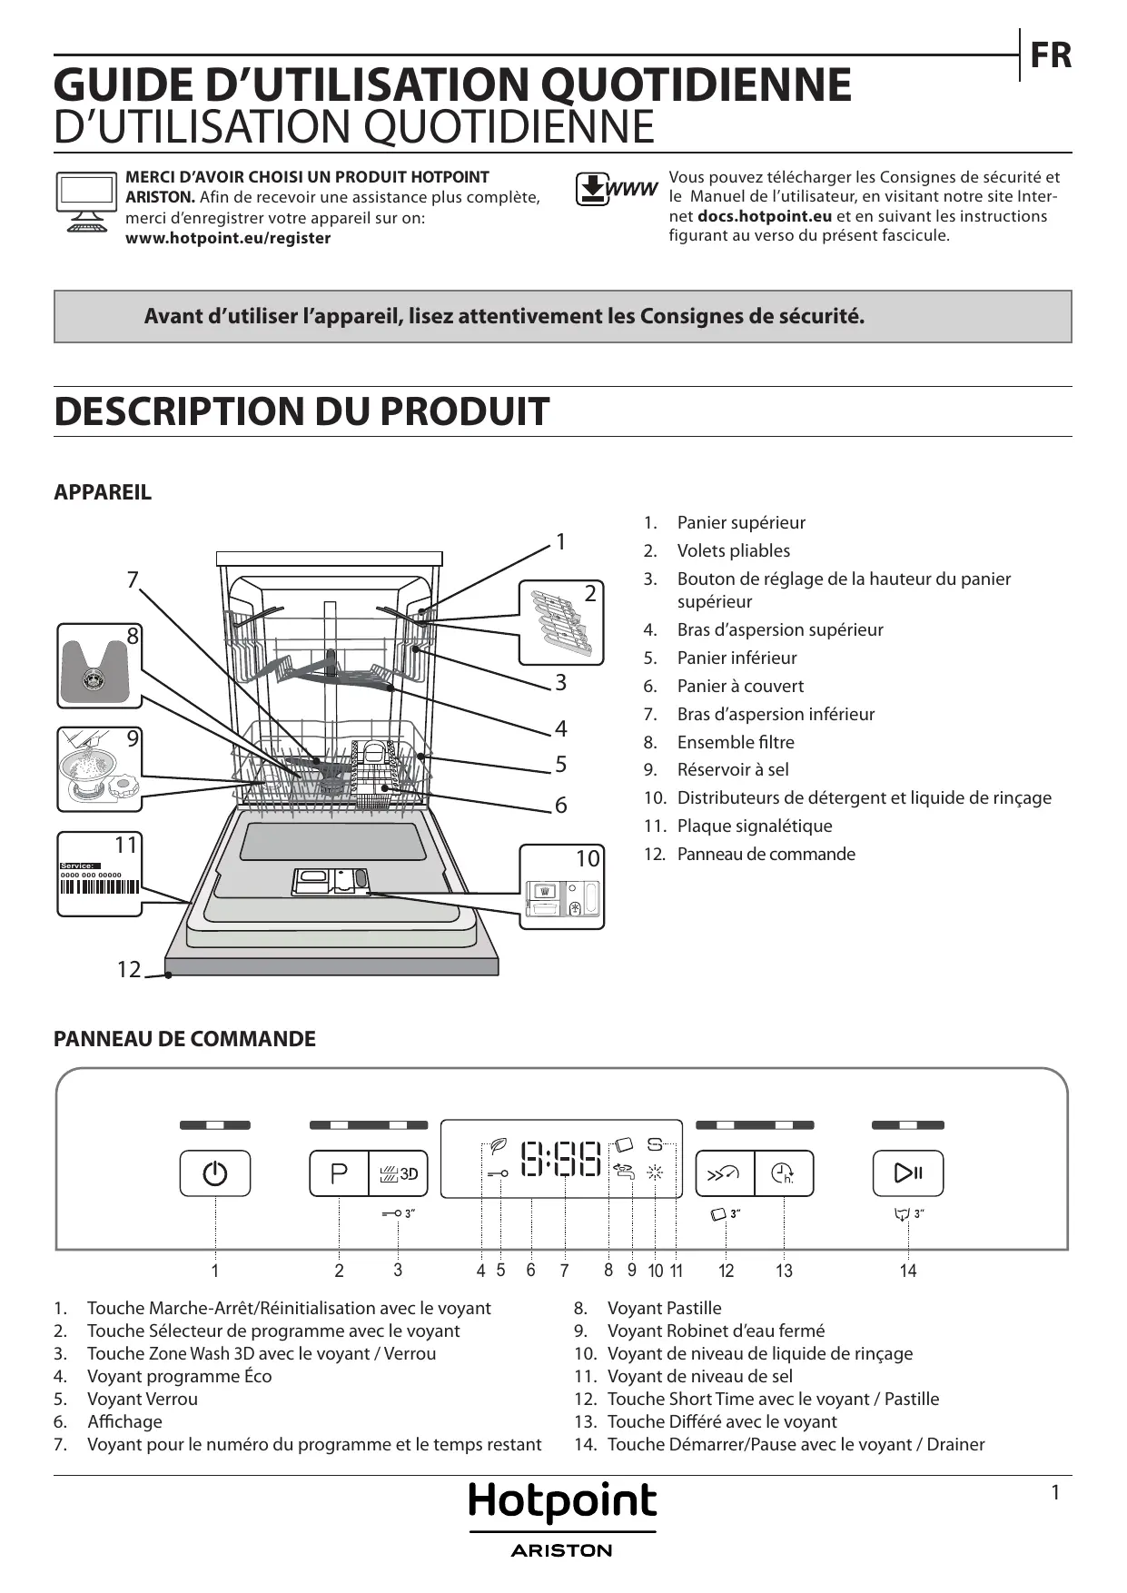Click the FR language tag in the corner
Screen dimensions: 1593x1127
[x=1051, y=55]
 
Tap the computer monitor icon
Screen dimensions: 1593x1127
[x=86, y=201]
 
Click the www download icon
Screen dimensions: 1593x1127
[x=616, y=189]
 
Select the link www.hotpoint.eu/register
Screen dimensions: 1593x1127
[x=228, y=238]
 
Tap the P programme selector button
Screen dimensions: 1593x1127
[x=339, y=1173]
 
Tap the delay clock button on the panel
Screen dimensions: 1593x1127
[x=783, y=1173]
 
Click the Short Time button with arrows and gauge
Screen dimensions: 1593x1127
[x=725, y=1173]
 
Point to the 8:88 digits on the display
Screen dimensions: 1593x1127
[x=560, y=1159]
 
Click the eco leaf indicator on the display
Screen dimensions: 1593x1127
[x=498, y=1145]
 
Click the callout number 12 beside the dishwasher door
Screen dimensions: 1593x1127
[x=129, y=970]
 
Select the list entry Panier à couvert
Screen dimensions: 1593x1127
[x=740, y=686]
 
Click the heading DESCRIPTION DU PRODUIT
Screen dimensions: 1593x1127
[x=302, y=411]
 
